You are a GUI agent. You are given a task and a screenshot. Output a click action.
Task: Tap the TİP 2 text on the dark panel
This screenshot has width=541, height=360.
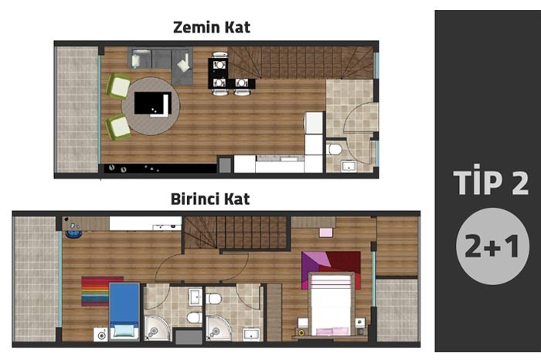pos(491,181)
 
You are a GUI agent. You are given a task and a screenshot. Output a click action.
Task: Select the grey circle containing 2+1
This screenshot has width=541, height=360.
pos(492,246)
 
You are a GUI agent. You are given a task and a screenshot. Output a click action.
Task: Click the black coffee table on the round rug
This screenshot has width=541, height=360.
pos(153,103)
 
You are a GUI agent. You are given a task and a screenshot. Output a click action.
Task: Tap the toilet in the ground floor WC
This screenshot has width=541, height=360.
pos(335,150)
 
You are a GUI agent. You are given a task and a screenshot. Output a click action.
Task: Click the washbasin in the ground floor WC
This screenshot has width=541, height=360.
pos(349,167)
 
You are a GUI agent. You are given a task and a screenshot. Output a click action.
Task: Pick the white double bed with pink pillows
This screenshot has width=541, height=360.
pos(331,304)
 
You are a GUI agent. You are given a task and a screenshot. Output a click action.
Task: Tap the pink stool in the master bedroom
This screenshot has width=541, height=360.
pos(325,233)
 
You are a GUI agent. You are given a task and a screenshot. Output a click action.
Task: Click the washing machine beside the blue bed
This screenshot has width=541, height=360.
pos(100,335)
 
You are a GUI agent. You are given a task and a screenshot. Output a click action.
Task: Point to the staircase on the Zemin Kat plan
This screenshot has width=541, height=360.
pos(300,63)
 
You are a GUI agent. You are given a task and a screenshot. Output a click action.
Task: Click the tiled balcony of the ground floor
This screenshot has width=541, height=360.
pos(77,109)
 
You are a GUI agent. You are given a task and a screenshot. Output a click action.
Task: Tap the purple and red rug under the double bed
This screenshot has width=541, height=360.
pos(331,270)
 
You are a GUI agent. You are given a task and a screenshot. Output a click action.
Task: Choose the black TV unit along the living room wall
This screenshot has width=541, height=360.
pos(160,168)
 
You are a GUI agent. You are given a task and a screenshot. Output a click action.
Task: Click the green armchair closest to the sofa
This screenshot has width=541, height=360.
pos(118,87)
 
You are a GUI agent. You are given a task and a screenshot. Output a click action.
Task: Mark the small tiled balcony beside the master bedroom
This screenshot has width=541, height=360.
pos(396,310)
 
